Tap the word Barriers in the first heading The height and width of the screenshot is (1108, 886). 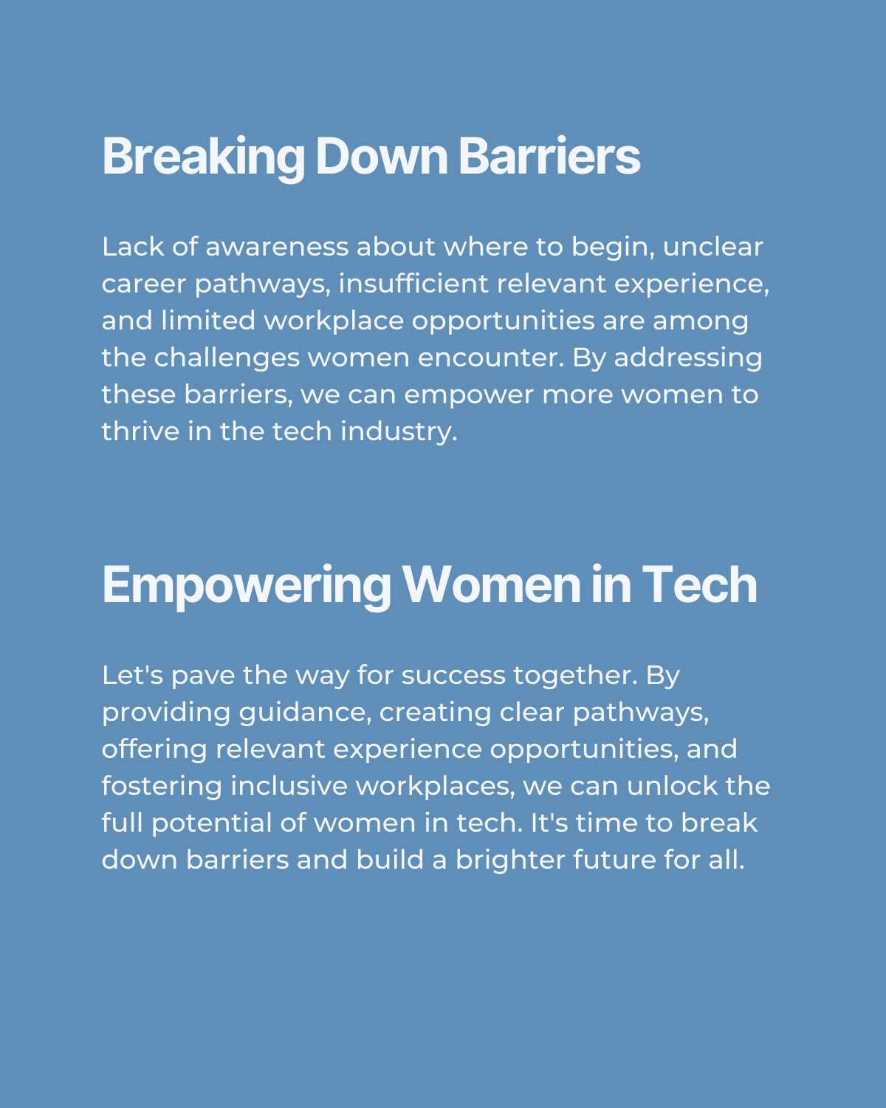(549, 156)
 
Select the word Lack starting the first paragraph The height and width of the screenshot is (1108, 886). (133, 247)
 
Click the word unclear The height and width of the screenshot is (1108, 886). (712, 247)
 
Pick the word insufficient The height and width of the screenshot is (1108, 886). (413, 284)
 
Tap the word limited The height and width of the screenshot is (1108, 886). (208, 321)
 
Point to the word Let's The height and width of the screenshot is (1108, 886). (132, 675)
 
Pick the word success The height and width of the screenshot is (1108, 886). (453, 675)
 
